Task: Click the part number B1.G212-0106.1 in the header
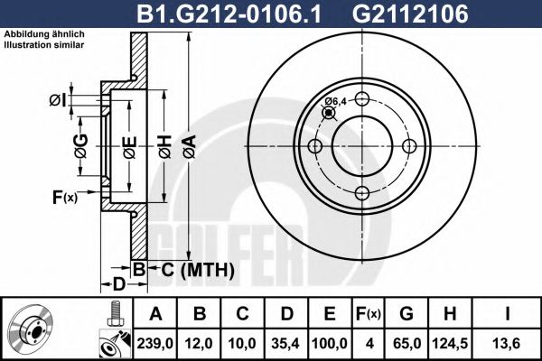[229, 14]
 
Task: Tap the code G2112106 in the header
[410, 14]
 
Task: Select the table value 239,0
[154, 344]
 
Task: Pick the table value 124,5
[450, 344]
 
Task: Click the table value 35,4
[286, 344]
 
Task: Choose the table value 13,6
[507, 344]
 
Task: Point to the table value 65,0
[406, 344]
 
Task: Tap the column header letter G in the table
[406, 314]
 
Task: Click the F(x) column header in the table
[369, 314]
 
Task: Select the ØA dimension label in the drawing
[190, 147]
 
